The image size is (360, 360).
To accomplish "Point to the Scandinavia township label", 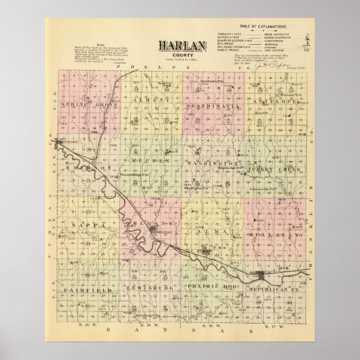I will pyautogui.click(x=214, y=106).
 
